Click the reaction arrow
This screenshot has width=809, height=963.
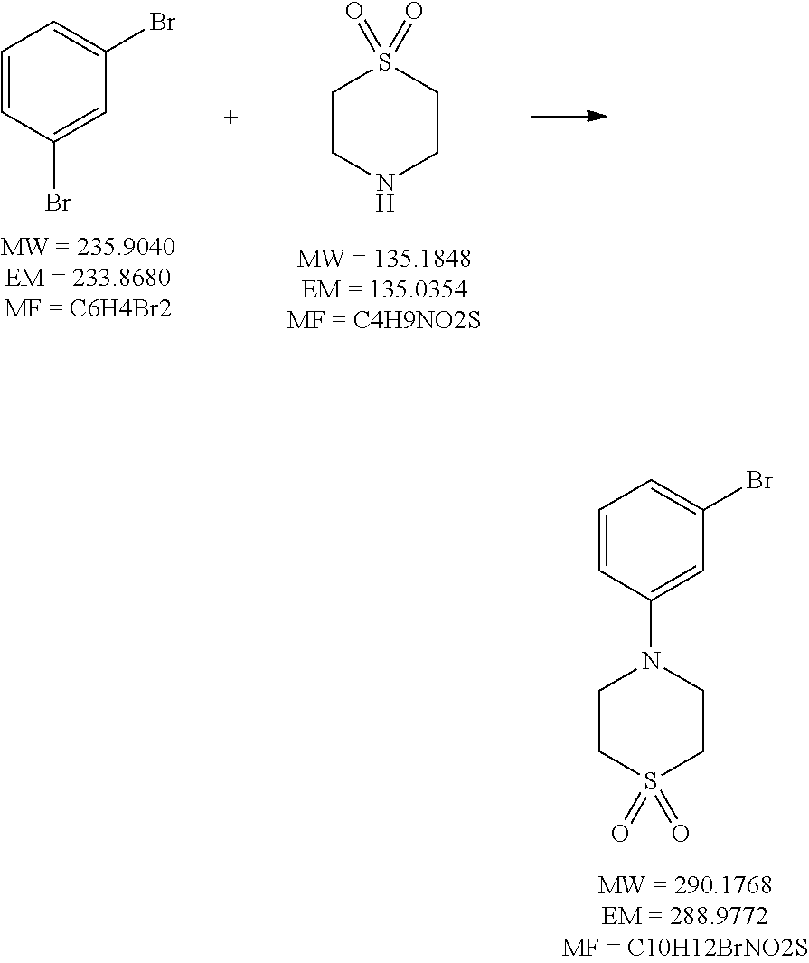tap(568, 117)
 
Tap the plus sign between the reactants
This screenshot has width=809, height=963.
tap(231, 118)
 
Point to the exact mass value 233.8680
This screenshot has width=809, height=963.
tap(127, 277)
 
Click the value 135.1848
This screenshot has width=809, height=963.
tap(423, 259)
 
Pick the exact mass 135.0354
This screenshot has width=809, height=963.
tap(421, 289)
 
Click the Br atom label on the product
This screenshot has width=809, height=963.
tap(759, 480)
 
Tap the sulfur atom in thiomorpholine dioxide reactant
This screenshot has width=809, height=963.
tap(386, 61)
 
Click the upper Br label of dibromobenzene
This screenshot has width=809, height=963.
tap(162, 23)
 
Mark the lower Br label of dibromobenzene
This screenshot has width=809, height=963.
tap(58, 203)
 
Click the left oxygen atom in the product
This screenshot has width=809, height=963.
tap(620, 834)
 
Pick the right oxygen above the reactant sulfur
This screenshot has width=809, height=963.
tap(414, 12)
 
